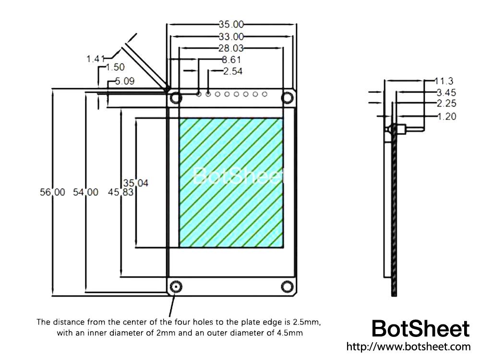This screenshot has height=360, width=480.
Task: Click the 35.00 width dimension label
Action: coord(231,24)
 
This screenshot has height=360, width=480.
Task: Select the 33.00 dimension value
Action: coord(231,36)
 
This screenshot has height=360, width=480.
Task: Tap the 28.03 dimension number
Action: coord(231,48)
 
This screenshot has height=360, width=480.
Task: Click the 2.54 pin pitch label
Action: coord(233,72)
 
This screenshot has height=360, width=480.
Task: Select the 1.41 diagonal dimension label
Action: coord(96,59)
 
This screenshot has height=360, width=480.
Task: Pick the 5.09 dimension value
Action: coord(124,82)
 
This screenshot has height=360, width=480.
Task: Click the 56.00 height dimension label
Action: coord(52,192)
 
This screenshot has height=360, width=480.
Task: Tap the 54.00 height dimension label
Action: coord(85,192)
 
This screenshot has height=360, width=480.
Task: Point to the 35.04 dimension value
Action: coord(136,183)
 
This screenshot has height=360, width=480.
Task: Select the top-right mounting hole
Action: coord(288,98)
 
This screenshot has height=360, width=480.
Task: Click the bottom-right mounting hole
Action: coord(288,287)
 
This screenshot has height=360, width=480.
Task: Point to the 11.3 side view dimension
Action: coord(444,81)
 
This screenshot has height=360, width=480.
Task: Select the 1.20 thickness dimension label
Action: coord(446,116)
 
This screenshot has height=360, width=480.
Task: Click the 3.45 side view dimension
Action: coord(446,92)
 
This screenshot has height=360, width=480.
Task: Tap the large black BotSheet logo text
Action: coord(420,329)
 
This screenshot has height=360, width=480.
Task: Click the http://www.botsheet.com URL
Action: coord(408,347)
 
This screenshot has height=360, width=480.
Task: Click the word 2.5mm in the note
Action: coord(305,322)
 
